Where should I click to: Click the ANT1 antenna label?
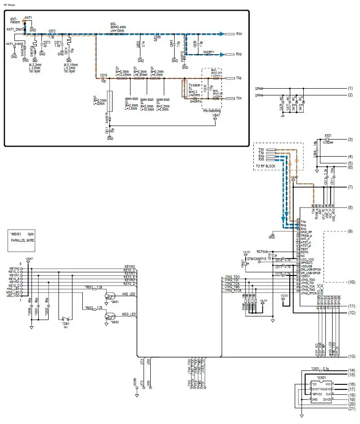(x=28, y=17)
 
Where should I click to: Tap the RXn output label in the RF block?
(x=238, y=34)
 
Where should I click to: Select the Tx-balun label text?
(x=193, y=85)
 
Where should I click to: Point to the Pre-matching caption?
(x=212, y=110)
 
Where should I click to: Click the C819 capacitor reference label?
(x=103, y=75)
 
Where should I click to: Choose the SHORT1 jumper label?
(x=209, y=52)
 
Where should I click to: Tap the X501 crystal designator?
(x=328, y=135)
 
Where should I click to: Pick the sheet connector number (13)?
(x=351, y=356)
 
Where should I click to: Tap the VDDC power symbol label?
(x=284, y=296)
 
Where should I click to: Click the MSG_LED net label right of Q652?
(x=129, y=314)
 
